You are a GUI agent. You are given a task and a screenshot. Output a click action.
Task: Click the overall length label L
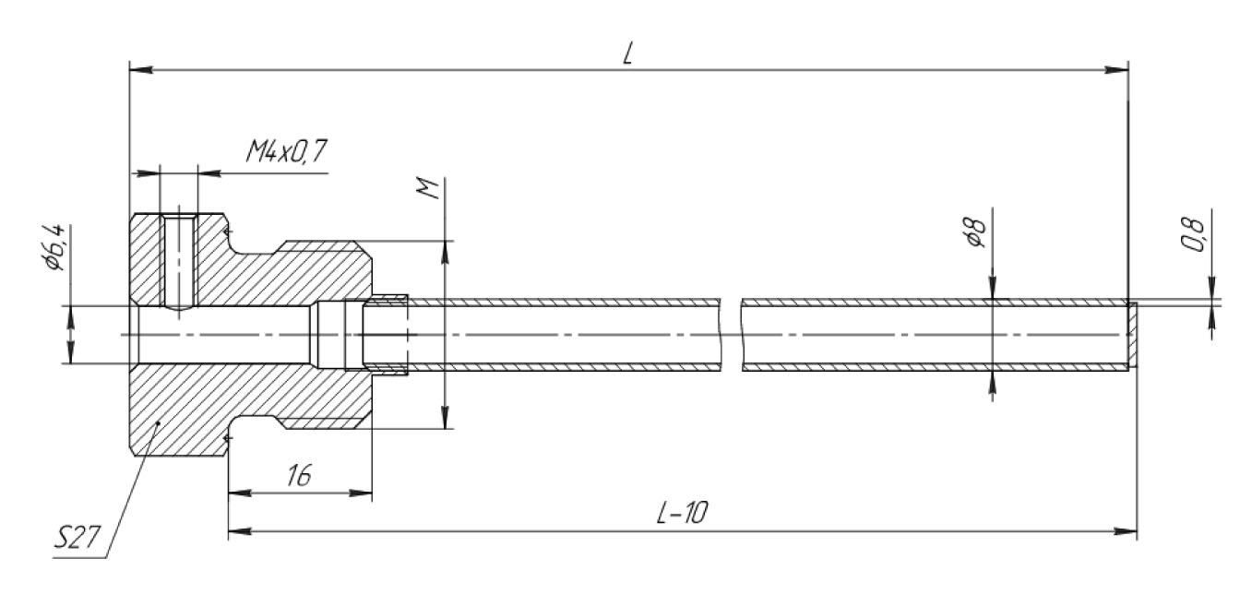click(627, 53)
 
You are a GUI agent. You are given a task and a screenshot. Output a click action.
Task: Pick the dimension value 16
click(298, 476)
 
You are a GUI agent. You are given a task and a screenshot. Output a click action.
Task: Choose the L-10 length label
click(682, 515)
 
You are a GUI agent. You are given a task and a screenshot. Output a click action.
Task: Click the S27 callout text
click(77, 538)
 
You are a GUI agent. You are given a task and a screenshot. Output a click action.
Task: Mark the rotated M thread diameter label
click(426, 190)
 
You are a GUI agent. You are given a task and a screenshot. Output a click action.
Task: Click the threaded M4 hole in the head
click(178, 262)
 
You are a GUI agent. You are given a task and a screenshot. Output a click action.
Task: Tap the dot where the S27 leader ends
click(159, 423)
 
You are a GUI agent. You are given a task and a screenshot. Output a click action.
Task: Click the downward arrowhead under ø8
click(993, 291)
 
